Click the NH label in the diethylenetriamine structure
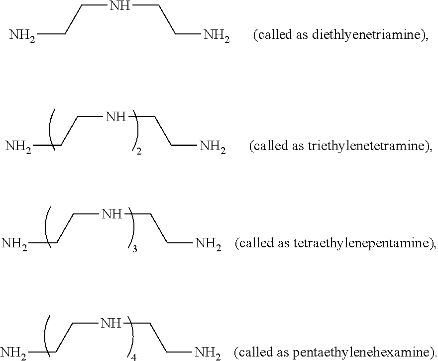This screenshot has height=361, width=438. coord(120,5)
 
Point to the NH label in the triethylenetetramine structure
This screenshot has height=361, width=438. coord(116,116)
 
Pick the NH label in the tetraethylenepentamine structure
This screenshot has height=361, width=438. coord(112,214)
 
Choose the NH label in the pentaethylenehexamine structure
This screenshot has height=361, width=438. coord(111,323)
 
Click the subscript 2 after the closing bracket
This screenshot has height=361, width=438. coord(139,152)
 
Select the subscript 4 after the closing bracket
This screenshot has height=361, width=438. coord(134,358)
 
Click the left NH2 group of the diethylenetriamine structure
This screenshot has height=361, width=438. coord(22,35)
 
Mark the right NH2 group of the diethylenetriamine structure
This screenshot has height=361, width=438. coord(217,36)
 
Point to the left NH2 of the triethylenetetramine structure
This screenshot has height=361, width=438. coord(18,147)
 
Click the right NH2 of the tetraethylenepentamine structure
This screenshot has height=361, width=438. coord(209,244)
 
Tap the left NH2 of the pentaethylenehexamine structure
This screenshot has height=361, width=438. coord(13,353)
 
